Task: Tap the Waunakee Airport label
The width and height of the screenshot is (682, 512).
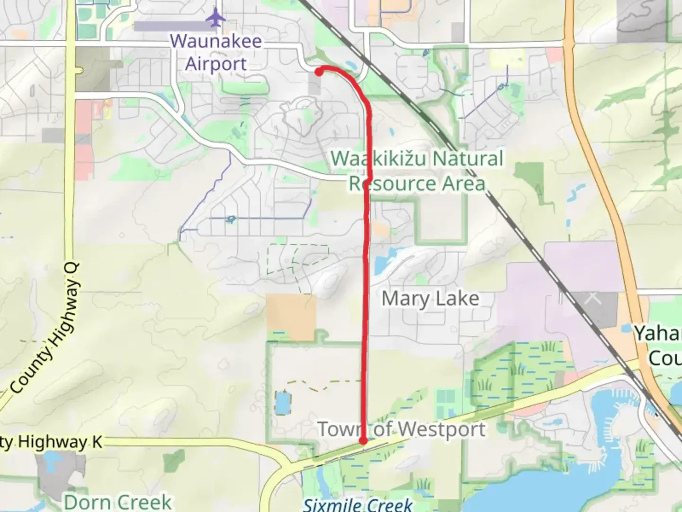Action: pos(216,52)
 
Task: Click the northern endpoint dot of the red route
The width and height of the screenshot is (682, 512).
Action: pos(319,72)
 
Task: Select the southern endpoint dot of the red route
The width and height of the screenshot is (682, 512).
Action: pos(363,441)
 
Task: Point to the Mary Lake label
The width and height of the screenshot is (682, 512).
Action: pos(430,299)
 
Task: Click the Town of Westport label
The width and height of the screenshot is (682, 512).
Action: pos(402,430)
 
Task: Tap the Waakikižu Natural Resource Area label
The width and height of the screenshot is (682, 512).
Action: pos(417,171)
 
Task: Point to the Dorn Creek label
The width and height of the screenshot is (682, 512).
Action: pos(118,502)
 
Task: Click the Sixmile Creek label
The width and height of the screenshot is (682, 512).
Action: pos(358,505)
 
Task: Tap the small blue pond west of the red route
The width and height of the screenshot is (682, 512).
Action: pos(282,403)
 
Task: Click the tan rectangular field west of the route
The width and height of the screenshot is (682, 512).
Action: pos(291,317)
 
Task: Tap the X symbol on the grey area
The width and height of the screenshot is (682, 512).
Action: pos(592,298)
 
